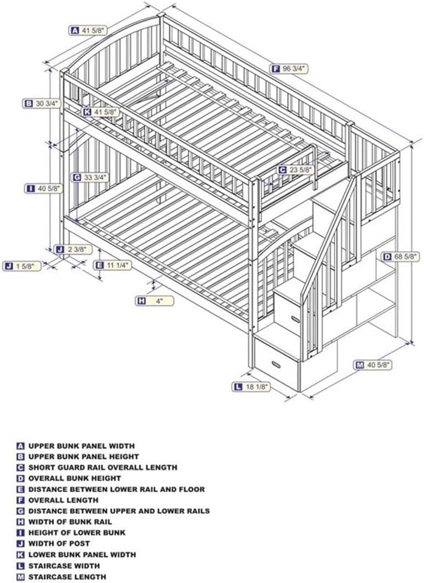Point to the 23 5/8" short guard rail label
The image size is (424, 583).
[x=296, y=170]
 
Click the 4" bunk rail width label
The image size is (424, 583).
[x=154, y=301]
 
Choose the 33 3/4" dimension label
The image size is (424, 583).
[x=91, y=178]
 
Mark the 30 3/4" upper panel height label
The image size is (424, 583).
[x=41, y=104]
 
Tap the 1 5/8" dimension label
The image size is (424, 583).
[x=22, y=266]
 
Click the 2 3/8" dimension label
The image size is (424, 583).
[x=73, y=249]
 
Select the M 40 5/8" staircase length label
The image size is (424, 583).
[x=373, y=365]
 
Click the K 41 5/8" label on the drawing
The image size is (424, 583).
[x=100, y=112]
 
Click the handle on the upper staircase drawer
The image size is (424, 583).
[x=296, y=320]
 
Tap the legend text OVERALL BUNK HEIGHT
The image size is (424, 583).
[x=75, y=478]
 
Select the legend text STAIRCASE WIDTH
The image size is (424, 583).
[x=64, y=566]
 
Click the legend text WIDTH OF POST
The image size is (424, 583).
[x=59, y=544]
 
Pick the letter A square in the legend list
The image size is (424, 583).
[x=20, y=446]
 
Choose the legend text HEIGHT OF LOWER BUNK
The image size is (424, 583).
[x=77, y=533]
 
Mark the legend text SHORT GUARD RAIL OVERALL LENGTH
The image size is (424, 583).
[x=103, y=467]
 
